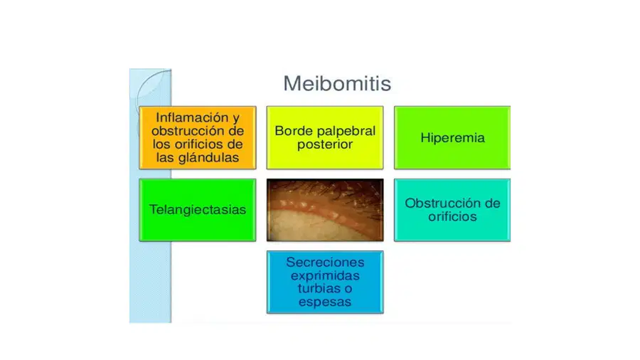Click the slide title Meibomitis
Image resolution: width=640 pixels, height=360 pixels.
337,83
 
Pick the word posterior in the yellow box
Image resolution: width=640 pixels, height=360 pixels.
325,144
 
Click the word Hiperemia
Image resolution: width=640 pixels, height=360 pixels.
453,138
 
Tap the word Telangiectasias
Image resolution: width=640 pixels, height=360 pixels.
198,209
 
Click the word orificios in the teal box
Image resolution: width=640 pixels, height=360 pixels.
452,216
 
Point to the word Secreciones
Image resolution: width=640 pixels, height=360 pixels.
325,262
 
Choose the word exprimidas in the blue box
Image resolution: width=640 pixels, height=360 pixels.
325,276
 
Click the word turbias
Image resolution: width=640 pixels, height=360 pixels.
317,289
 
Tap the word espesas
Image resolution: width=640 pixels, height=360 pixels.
325,302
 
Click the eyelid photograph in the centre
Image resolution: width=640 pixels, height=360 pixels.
325,210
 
